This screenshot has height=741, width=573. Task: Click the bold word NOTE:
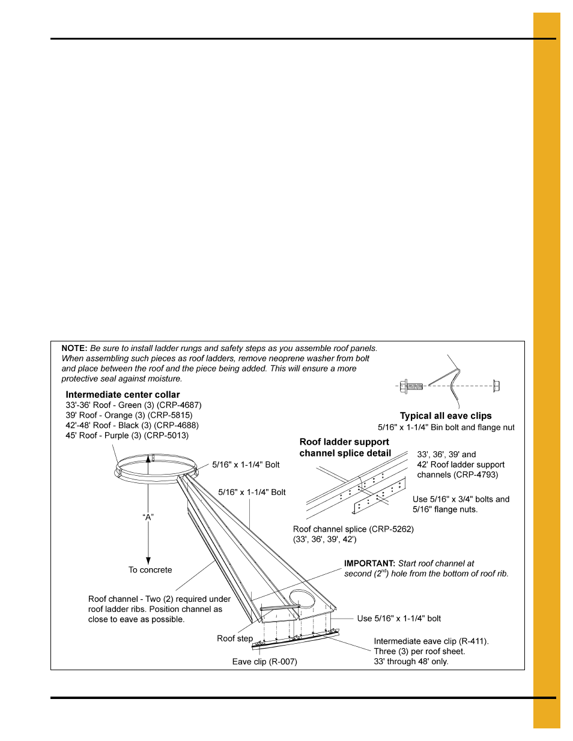point(74,348)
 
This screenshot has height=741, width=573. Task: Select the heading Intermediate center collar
point(123,395)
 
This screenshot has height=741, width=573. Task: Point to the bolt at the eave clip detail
point(411,386)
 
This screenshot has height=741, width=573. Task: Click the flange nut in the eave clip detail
point(496,386)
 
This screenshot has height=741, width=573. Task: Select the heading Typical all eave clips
point(446,416)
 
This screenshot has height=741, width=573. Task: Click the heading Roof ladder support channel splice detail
point(345,448)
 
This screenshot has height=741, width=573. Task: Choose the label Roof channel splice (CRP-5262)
point(353,529)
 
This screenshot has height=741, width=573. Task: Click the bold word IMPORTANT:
point(369,563)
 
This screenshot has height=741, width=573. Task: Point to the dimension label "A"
point(148,517)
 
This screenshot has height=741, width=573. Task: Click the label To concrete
point(150,570)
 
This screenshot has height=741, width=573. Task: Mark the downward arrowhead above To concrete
point(148,560)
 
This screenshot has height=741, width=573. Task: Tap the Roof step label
point(235,638)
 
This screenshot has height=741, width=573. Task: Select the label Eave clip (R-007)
point(265,662)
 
